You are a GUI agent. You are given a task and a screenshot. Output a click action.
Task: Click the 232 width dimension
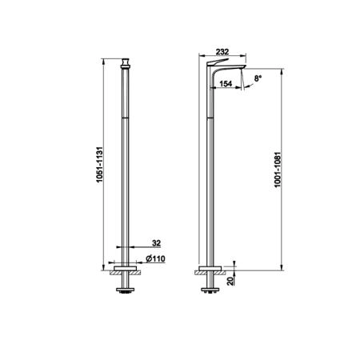tap(222, 51)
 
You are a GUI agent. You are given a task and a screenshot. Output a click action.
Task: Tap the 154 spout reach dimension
tap(226, 84)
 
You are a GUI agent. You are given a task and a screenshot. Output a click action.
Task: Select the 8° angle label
tap(258, 78)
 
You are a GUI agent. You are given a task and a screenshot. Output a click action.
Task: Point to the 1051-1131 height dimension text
tap(99, 164)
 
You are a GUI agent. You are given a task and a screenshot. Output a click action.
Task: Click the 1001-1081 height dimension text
tap(278, 170)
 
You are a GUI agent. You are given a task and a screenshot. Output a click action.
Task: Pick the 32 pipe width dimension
tap(156, 243)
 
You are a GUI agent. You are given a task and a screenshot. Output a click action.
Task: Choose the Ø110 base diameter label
tap(155, 258)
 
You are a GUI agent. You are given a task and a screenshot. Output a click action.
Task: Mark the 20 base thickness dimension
tap(230, 281)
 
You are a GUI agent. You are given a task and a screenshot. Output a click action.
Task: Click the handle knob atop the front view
tap(125, 63)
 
